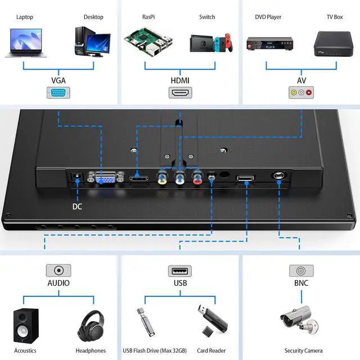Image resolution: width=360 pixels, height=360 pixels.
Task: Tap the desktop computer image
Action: tap(92, 41)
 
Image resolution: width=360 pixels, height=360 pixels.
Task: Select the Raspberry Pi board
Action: tap(147, 41)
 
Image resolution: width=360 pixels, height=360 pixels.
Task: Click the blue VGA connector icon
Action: tap(58, 93)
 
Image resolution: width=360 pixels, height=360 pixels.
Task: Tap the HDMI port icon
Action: tap(180, 93)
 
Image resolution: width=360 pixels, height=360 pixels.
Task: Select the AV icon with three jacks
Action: tap(301, 93)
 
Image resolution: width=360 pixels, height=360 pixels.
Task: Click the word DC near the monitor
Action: tap(77, 206)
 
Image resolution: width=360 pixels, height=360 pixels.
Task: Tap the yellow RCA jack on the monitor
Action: tap(162, 179)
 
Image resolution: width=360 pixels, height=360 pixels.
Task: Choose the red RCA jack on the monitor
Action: tap(197, 179)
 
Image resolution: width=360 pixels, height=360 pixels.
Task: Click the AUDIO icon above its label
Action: tap(58, 271)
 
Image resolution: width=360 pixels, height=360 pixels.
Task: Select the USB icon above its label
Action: tap(179, 271)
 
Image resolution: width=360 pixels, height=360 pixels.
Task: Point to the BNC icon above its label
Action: tap(301, 271)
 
